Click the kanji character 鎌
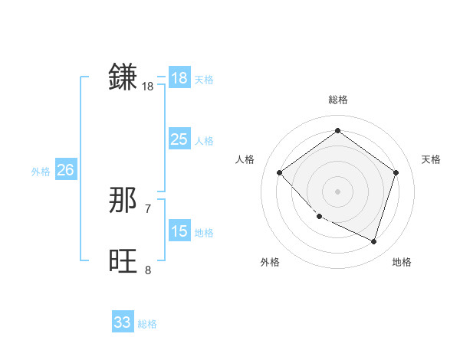123,77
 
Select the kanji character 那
123,201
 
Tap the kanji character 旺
123,261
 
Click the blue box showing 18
179,77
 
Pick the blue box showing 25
179,139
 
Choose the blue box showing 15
179,231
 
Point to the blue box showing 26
65,170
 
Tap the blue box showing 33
123,322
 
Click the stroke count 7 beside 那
148,208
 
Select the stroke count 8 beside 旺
148,270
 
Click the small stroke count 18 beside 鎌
148,87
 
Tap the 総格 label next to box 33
147,324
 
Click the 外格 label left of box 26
41,172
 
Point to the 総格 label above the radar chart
337,100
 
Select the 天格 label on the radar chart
431,159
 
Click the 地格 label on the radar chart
402,262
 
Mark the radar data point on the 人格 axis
280,172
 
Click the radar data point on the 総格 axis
337,131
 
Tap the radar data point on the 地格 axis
374,241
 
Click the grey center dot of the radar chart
337,191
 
